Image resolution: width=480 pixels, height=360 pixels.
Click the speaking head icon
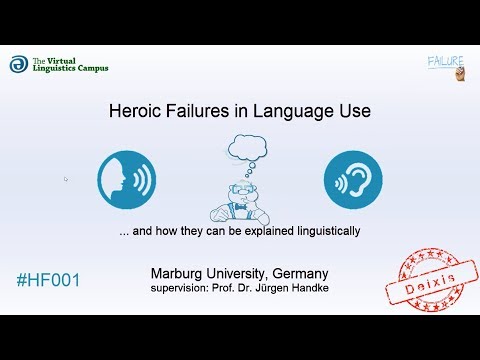(x=126, y=180)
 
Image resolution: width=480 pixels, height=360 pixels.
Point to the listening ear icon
(x=353, y=180)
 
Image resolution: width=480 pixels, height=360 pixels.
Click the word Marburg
(x=181, y=273)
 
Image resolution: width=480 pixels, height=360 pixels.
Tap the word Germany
(x=297, y=273)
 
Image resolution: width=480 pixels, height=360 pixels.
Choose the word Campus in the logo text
(x=89, y=69)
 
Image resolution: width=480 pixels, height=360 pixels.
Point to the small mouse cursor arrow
(x=66, y=179)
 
